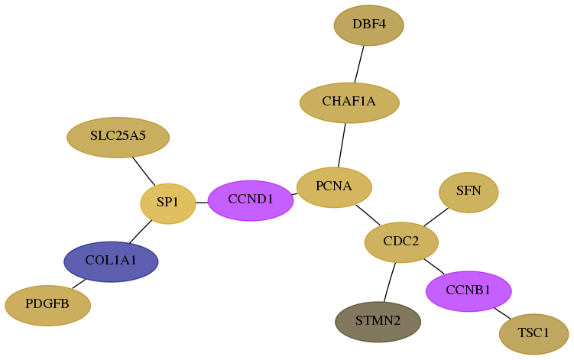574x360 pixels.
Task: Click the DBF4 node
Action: pos(368,25)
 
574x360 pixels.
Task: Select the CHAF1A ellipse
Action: pos(349,102)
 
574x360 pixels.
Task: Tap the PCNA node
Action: pos(334,187)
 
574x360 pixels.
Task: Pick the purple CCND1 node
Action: pos(251,201)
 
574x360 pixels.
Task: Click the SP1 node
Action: pos(168,203)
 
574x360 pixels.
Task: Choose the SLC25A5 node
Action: pos(118,138)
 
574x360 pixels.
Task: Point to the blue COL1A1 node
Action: pos(111,261)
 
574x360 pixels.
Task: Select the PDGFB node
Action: pos(47,306)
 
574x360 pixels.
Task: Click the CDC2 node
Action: pos(401,242)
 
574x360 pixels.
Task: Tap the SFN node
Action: pos(469,193)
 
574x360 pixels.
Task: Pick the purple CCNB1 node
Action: pos(469,291)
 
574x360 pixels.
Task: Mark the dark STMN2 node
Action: pos(378,322)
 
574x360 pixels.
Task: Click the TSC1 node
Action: pos(533,334)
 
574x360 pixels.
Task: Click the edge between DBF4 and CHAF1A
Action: pos(359,64)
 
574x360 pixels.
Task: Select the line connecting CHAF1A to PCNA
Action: pos(342,145)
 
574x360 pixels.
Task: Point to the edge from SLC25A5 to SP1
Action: pos(144,171)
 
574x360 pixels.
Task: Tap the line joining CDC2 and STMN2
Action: pos(390,282)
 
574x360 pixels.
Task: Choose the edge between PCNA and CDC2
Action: pos(368,216)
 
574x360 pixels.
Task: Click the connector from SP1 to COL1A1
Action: pos(141,232)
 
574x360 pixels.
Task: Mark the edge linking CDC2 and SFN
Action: pos(436,217)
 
